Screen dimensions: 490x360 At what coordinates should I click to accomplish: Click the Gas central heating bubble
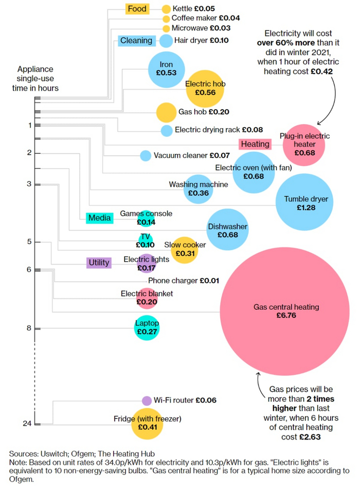(x=286, y=311)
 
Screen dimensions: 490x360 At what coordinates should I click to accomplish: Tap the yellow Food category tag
(x=137, y=9)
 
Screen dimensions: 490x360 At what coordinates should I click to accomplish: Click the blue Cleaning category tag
(x=136, y=40)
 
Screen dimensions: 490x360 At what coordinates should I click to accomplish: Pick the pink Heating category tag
(x=255, y=144)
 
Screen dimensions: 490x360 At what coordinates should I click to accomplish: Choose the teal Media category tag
(x=100, y=218)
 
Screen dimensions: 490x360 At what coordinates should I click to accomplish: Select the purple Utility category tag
(x=99, y=262)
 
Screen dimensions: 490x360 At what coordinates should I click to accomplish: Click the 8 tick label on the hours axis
(x=29, y=328)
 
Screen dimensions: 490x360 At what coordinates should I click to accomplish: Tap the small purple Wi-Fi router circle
(x=147, y=400)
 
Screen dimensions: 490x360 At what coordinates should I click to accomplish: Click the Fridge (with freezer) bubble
(x=147, y=423)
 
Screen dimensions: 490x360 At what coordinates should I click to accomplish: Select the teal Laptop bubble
(x=147, y=327)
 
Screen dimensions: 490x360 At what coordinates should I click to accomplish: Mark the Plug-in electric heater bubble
(x=304, y=145)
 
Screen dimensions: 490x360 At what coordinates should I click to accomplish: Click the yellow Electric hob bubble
(x=205, y=88)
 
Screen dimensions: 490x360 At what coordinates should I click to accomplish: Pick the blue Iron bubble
(x=166, y=69)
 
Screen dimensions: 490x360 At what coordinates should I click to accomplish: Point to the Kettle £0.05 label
(x=193, y=9)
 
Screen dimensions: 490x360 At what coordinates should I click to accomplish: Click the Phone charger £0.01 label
(x=184, y=281)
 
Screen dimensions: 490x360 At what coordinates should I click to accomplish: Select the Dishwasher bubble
(x=228, y=230)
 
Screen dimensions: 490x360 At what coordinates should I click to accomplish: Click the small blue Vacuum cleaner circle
(x=146, y=155)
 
